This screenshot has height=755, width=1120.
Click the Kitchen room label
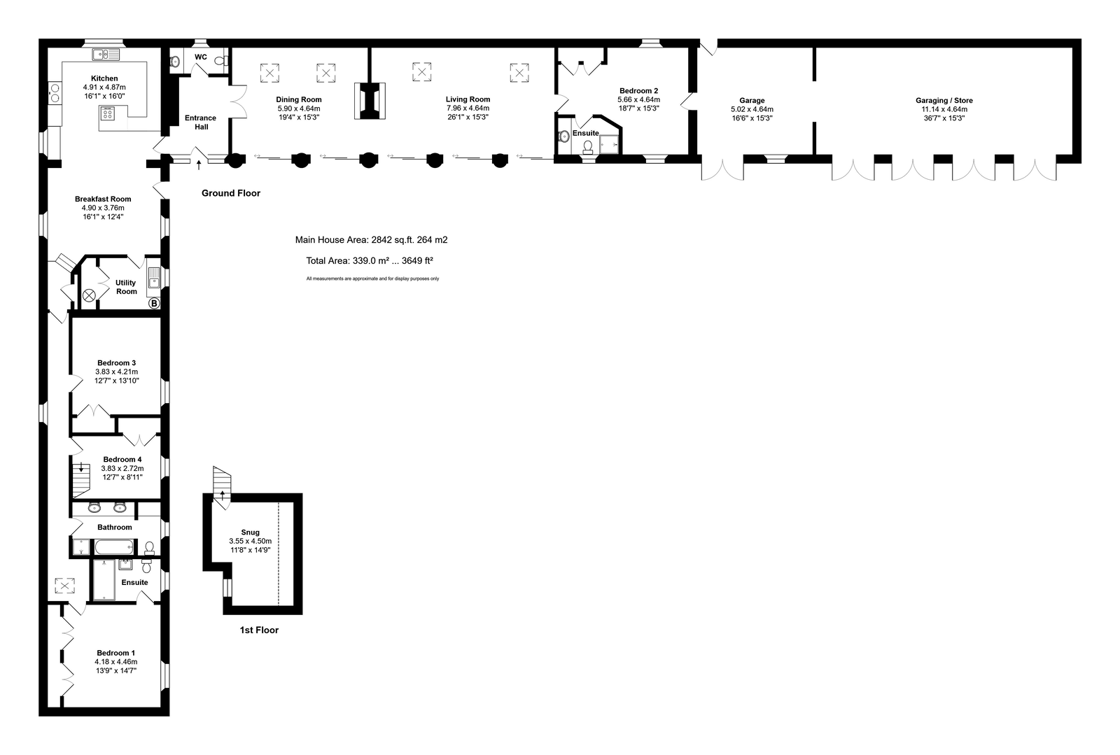(104, 78)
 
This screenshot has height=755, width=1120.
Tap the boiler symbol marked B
(154, 304)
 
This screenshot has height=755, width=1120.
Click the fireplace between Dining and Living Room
(370, 101)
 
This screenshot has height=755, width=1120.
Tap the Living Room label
(468, 99)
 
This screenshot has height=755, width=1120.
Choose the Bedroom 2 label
(638, 91)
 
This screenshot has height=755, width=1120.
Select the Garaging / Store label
(944, 101)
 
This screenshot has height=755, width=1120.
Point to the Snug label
(250, 532)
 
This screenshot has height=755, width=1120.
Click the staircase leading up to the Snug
(222, 481)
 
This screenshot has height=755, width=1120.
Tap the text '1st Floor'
(259, 630)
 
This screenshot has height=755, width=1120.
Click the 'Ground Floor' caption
(230, 193)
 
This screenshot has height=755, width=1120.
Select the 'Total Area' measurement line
(370, 261)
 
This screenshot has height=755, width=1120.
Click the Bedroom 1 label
(115, 653)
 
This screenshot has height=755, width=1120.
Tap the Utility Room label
(126, 287)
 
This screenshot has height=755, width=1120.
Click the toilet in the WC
(221, 62)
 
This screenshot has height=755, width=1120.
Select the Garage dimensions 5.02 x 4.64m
(752, 109)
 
